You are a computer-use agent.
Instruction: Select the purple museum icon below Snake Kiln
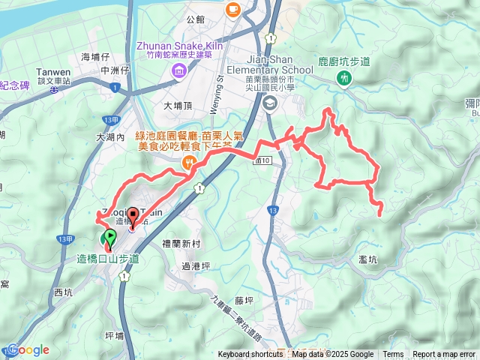pos(180,72)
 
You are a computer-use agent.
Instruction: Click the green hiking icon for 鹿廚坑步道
pos(344,77)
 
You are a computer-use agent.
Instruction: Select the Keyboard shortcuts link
pos(251,355)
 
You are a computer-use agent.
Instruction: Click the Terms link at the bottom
pos(393,355)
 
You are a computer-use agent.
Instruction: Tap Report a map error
pos(443,355)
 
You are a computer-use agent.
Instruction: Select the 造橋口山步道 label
pos(108,259)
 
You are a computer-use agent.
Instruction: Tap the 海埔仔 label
pos(95,57)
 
